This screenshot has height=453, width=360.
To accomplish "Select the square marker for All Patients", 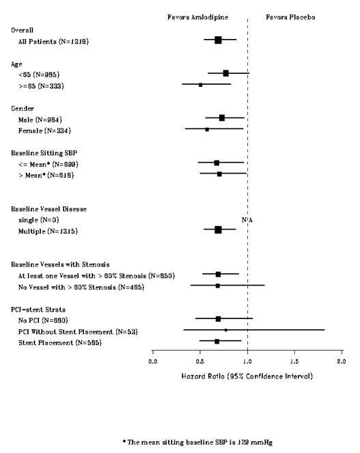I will pyautogui.click(x=218, y=40).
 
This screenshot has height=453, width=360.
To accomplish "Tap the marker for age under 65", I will pyautogui.click(x=226, y=73).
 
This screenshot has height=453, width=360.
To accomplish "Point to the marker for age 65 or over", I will pyautogui.click(x=201, y=85).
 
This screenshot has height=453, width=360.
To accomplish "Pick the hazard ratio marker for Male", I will pyautogui.click(x=222, y=118).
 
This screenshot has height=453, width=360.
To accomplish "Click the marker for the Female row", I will pyautogui.click(x=207, y=129).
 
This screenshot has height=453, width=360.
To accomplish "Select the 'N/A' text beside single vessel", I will pyautogui.click(x=247, y=219).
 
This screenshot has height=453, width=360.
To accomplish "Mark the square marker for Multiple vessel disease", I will pyautogui.click(x=218, y=230).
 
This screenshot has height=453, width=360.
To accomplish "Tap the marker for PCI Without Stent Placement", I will pyautogui.click(x=226, y=330).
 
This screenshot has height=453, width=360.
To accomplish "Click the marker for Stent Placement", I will pyautogui.click(x=217, y=341).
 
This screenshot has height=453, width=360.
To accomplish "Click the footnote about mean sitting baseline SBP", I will pyautogui.click(x=180, y=442).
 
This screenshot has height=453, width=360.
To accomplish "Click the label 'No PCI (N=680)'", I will pyautogui.click(x=45, y=319).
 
